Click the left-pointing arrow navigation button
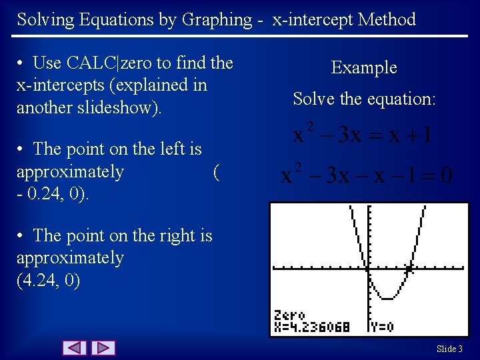pos(75,348)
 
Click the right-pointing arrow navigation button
pos(103,348)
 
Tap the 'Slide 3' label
pos(450,349)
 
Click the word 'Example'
pos(364,67)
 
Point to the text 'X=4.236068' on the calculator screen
pos(312,327)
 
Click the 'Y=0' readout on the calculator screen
pos(381,327)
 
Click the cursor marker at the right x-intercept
pos(410,269)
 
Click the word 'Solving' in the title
pos(45,19)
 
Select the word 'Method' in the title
pos(387,19)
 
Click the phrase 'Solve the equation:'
pos(364,99)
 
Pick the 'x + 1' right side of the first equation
pos(409,136)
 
